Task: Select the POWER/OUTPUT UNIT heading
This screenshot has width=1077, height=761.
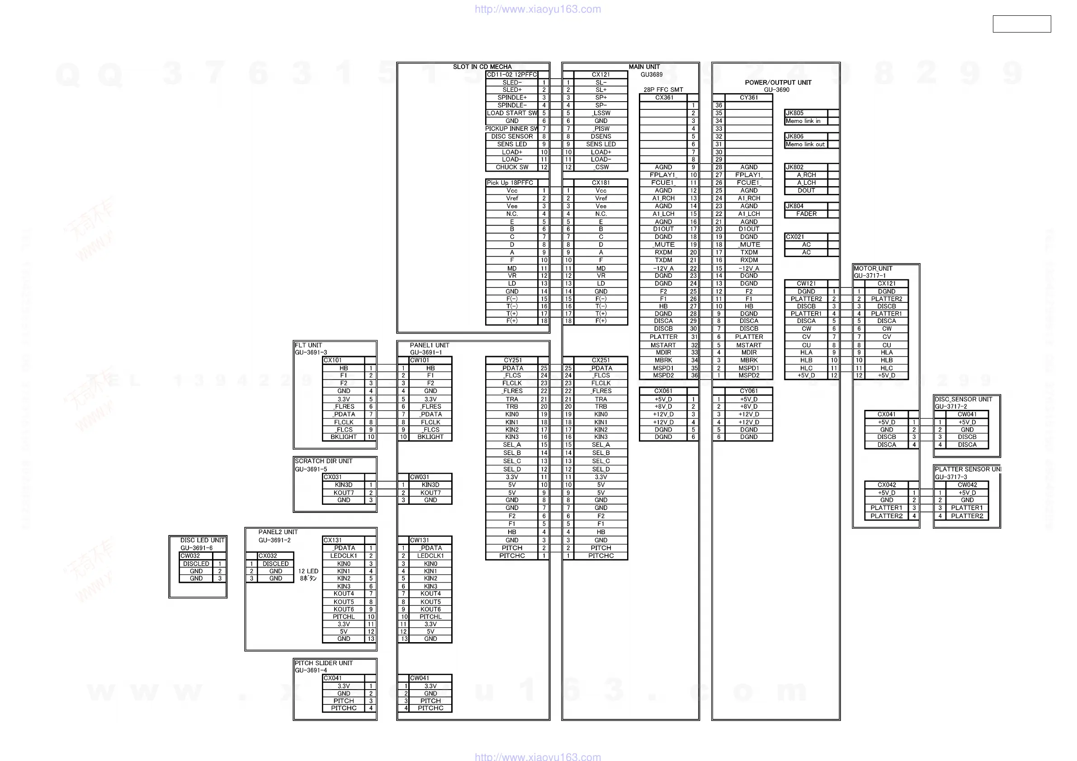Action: pyautogui.click(x=778, y=82)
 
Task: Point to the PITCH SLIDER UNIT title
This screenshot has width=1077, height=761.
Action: pyautogui.click(x=323, y=662)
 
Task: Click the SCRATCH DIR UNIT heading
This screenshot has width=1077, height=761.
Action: pyautogui.click(x=323, y=461)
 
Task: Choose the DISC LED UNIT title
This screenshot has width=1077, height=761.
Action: pyautogui.click(x=202, y=540)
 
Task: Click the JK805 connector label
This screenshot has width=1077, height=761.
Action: pyautogui.click(x=794, y=113)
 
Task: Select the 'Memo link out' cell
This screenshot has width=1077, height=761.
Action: pyautogui.click(x=805, y=144)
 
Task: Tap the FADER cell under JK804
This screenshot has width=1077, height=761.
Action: pyautogui.click(x=806, y=214)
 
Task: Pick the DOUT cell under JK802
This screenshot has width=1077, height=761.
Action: pyautogui.click(x=806, y=190)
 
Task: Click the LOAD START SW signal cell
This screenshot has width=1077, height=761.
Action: pyautogui.click(x=512, y=113)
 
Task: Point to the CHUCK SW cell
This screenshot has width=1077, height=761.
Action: pyautogui.click(x=512, y=167)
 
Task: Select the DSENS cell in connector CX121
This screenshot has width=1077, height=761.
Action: pyautogui.click(x=600, y=136)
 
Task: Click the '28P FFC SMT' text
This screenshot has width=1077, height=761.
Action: pyautogui.click(x=663, y=89)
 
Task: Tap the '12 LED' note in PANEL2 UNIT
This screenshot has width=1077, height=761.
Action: pyautogui.click(x=308, y=571)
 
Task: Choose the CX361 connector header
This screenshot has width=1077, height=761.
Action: pyautogui.click(x=664, y=98)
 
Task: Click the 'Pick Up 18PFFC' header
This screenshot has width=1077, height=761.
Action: pyautogui.click(x=510, y=183)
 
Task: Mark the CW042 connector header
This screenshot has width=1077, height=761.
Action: pyautogui.click(x=967, y=485)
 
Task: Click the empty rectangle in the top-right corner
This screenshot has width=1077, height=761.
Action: pyautogui.click(x=1021, y=24)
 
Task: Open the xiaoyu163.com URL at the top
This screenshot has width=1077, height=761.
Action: pyautogui.click(x=538, y=9)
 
